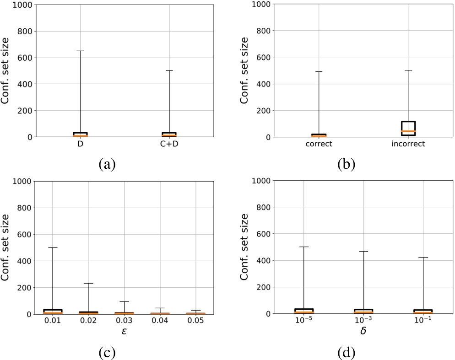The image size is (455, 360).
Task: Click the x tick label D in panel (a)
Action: [x=81, y=145]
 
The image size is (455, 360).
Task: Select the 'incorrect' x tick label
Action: [x=408, y=145]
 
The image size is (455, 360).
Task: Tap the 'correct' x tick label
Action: [x=318, y=145]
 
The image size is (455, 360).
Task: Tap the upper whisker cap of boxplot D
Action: [x=81, y=51]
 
